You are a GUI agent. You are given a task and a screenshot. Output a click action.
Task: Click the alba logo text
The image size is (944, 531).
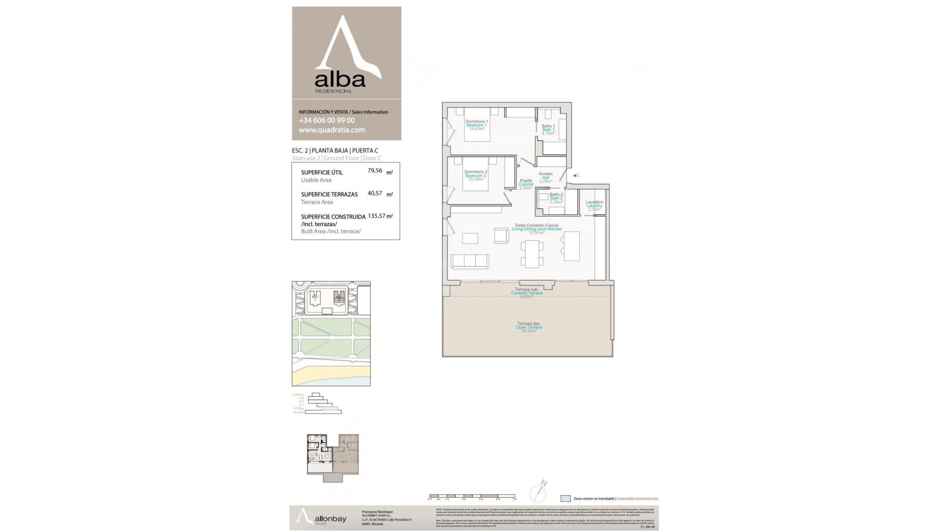tap(340, 80)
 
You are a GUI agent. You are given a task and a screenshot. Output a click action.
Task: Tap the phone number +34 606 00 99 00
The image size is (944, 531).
tap(326, 120)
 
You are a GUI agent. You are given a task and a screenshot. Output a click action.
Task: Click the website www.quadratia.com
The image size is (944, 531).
tap(332, 130)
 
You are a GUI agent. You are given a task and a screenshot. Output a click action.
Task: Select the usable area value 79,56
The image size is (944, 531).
tap(375, 171)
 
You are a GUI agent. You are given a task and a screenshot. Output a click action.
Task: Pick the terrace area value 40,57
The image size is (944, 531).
tap(375, 193)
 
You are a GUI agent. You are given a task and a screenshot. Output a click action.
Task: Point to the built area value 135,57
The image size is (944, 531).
tap(376, 216)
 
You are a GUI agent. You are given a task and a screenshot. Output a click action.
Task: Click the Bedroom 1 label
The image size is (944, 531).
tap(476, 125)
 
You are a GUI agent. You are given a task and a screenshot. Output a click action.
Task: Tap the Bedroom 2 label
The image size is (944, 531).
tap(475, 176)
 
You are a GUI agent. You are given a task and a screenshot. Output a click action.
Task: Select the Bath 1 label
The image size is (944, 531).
tap(548, 130)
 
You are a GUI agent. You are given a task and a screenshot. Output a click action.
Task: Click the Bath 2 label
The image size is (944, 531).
tap(556, 198)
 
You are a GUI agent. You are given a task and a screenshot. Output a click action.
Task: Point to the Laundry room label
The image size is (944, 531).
tap(594, 206)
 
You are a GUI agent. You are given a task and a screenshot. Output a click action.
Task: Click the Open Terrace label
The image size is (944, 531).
tap(529, 327)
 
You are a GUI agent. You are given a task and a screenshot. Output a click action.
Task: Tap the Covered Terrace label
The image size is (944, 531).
tap(527, 293)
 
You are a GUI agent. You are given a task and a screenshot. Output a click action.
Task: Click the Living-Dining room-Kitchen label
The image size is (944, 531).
tap(536, 229)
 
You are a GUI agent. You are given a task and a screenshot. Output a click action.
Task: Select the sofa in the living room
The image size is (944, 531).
tap(470, 262)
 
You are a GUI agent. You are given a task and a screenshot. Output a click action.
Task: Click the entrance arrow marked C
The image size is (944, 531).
tap(575, 176)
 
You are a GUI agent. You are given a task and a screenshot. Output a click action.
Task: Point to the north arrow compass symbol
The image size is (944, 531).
tap(539, 491)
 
